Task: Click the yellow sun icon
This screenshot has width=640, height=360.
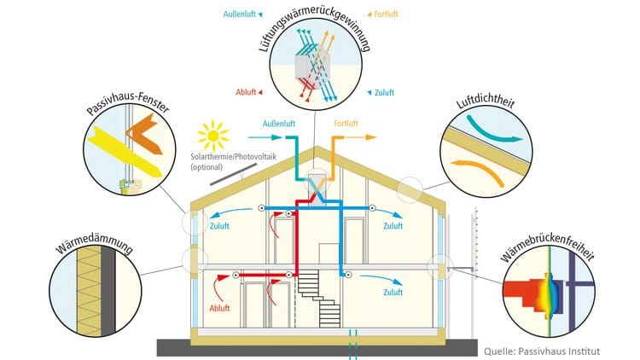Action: coord(213,136)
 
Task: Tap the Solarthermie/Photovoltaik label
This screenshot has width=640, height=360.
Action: coord(234,157)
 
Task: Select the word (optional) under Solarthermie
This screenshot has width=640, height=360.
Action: coord(207,167)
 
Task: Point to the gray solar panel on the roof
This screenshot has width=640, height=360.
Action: coord(234,174)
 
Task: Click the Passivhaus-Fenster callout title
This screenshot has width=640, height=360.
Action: coord(128,103)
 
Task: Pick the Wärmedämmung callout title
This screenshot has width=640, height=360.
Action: coord(94,243)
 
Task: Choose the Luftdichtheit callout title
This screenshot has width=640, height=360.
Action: coord(486,102)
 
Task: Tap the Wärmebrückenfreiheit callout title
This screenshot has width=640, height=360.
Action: coord(548,247)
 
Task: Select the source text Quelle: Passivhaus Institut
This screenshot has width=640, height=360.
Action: coord(542,351)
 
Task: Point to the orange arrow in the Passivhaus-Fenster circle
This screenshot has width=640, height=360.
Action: coord(144,134)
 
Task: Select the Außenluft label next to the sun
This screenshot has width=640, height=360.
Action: coord(279,124)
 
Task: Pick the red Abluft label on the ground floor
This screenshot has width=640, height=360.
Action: coord(219,308)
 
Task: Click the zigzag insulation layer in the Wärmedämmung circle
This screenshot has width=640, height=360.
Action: coord(89,291)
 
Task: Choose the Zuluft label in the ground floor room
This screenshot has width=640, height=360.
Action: coord(393,293)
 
